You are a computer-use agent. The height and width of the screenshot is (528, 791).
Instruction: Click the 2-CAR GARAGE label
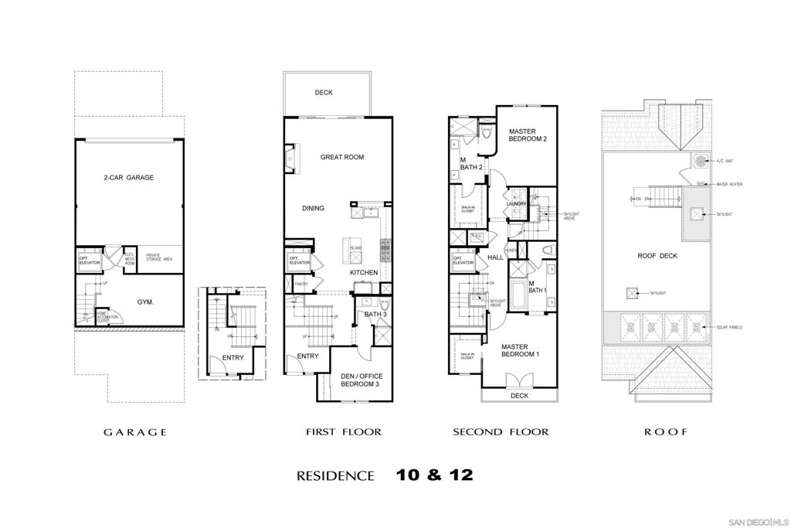[x=129, y=178]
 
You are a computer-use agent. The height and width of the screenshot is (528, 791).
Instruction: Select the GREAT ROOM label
[x=342, y=158]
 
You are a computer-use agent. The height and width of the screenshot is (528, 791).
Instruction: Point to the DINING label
[x=313, y=208]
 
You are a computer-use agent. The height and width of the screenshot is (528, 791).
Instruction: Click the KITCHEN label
[x=364, y=273]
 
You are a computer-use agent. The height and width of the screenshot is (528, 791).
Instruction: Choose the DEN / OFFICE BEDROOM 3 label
[x=362, y=380]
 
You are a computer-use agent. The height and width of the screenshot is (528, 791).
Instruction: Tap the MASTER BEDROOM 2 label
[x=528, y=135]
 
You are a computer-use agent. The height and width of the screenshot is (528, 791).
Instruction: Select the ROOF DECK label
[x=657, y=256]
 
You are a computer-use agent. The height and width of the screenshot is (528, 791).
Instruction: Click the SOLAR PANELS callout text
[x=729, y=328]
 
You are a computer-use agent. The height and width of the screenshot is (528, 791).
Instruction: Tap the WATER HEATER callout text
[x=730, y=185]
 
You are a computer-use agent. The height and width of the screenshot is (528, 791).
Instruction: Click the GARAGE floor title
[x=136, y=432]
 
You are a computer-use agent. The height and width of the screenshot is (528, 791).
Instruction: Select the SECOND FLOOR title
[x=501, y=432]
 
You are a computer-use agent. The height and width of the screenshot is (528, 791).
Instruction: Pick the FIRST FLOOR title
[x=344, y=432]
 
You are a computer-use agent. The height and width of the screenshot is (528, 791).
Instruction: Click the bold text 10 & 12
[x=433, y=475]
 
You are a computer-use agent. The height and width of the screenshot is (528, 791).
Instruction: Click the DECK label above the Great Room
[x=324, y=93]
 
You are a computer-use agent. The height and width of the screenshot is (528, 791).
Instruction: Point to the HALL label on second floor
[x=495, y=257]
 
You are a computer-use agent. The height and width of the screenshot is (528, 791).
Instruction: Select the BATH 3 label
[x=375, y=315]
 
